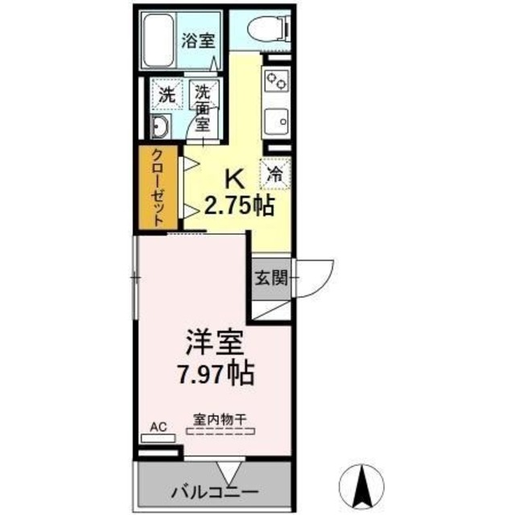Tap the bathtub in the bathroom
(160, 40)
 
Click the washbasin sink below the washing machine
(159, 126)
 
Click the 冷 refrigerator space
(274, 171)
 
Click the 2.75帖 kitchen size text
(238, 205)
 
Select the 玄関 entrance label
(271, 279)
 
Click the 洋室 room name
(214, 342)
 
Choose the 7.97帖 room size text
(216, 373)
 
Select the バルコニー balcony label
(213, 492)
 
